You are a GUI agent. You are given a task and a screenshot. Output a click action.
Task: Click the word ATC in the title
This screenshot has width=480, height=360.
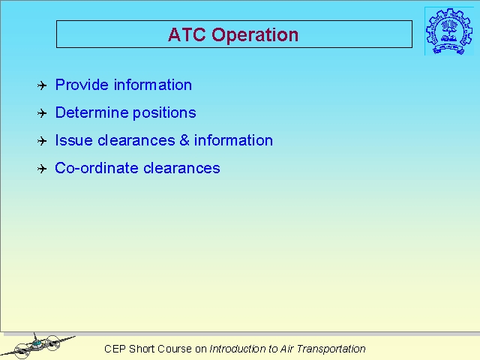click(187, 34)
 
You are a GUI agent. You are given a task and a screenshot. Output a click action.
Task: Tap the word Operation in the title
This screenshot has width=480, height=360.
click(255, 35)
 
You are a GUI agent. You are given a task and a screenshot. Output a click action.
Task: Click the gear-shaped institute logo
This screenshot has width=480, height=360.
click(448, 31)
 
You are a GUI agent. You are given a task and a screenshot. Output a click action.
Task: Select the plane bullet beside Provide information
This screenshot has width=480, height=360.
click(42, 85)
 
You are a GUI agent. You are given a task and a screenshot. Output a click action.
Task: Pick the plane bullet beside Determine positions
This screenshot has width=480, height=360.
click(42, 113)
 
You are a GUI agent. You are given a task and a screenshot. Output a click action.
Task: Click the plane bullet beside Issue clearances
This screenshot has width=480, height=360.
click(42, 141)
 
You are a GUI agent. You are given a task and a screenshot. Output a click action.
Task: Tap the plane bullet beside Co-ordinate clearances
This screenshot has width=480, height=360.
click(42, 169)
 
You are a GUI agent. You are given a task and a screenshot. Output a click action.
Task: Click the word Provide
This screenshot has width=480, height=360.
click(82, 85)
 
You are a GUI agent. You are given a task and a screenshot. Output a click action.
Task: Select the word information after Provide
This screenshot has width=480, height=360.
click(153, 85)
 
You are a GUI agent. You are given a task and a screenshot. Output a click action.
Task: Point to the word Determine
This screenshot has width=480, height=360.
click(91, 112)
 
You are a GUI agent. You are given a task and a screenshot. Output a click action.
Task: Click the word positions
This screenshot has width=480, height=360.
click(164, 113)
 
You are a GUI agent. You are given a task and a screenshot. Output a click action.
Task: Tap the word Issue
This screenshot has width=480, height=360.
click(73, 140)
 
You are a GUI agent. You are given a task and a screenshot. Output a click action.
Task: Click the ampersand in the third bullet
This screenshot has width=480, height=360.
click(184, 140)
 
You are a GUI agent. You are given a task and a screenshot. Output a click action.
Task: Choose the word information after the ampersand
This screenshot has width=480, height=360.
click(233, 140)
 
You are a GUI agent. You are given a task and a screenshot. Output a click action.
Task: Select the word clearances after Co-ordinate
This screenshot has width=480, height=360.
click(181, 168)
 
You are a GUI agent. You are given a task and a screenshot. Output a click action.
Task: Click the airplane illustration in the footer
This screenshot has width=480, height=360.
click(38, 346)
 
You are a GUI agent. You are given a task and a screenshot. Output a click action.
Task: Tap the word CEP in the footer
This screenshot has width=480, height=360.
click(115, 349)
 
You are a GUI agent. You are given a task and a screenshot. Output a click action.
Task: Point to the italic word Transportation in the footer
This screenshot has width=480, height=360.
click(331, 349)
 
